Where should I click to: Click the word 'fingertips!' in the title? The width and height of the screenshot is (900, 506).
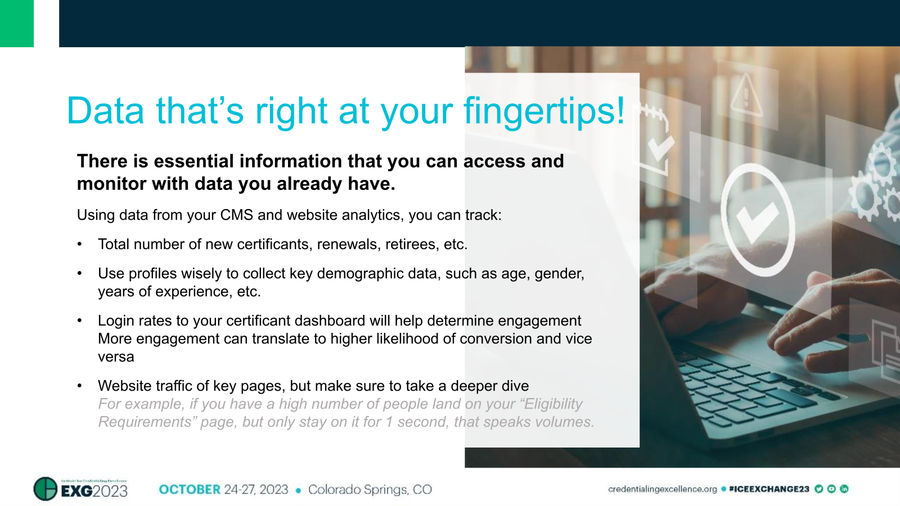tap(544, 111)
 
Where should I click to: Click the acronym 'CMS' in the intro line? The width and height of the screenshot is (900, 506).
tap(236, 215)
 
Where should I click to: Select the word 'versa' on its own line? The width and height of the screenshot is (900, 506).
tap(116, 357)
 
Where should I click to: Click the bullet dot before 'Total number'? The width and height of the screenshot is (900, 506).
tap(80, 245)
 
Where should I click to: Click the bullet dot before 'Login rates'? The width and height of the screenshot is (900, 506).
tap(80, 321)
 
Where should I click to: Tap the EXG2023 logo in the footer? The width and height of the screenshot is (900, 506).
tap(80, 489)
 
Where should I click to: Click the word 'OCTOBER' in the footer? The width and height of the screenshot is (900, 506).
tap(190, 490)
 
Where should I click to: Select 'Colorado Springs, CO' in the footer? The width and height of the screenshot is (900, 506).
tap(370, 490)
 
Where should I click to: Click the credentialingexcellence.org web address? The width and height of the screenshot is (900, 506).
tap(662, 489)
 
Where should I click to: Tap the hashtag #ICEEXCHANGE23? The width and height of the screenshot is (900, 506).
tap(768, 489)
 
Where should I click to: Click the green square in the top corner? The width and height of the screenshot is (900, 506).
tap(17, 23)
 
